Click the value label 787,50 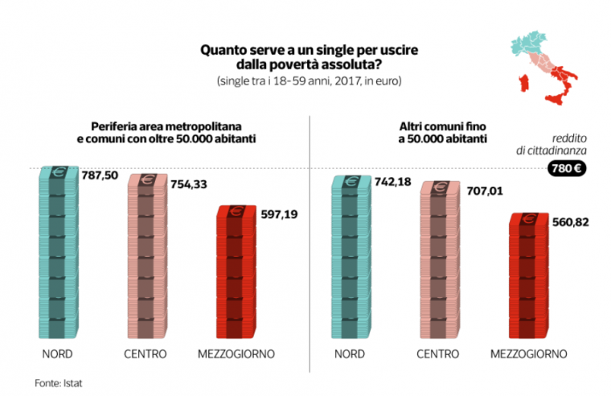[100, 174]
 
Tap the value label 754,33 [189, 184]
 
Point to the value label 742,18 [393, 182]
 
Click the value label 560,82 [570, 221]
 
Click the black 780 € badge [567, 169]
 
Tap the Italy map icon [543, 68]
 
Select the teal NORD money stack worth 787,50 [60, 254]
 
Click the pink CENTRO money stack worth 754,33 [147, 258]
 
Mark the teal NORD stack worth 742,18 [353, 258]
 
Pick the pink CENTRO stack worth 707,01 [441, 262]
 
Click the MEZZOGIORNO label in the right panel [528, 354]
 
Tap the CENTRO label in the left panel [146, 354]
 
